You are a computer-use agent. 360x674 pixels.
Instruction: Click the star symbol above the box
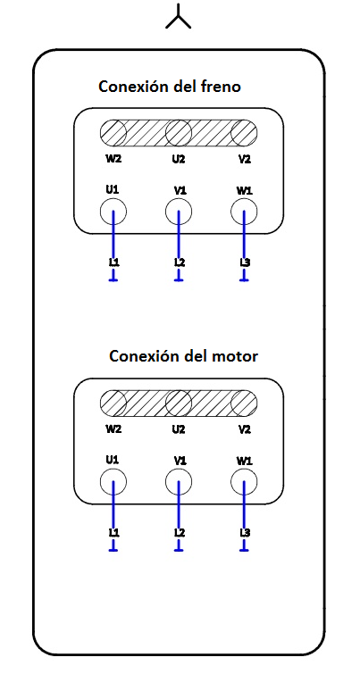point(179,18)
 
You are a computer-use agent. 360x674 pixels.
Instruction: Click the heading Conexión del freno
point(170,87)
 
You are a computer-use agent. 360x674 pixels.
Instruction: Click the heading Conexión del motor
point(184,356)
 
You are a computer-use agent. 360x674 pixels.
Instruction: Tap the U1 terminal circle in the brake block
point(113,212)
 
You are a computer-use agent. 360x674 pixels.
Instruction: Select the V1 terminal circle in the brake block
point(180,212)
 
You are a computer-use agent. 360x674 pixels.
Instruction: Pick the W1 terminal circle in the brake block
point(245,212)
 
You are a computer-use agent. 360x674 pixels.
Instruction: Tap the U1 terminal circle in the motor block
point(113,482)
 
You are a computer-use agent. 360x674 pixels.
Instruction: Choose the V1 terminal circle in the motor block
point(180,482)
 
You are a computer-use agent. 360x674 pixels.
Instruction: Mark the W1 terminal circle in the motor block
point(245,482)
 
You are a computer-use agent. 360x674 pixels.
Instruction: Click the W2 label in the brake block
point(113,159)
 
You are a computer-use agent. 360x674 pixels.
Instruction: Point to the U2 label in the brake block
point(179,159)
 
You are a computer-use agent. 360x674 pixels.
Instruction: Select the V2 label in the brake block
point(245,159)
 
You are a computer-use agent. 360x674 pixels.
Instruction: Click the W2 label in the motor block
point(113,429)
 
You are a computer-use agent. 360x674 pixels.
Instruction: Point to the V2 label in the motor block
point(245,429)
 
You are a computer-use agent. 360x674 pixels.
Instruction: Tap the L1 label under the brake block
point(113,262)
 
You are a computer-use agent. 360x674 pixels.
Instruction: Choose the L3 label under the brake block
point(245,262)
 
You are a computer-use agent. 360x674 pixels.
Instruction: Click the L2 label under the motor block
point(180,533)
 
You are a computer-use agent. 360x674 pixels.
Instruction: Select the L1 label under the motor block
point(113,533)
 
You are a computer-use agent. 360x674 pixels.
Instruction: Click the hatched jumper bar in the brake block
point(179,134)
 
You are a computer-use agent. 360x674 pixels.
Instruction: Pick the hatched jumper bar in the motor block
point(179,404)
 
